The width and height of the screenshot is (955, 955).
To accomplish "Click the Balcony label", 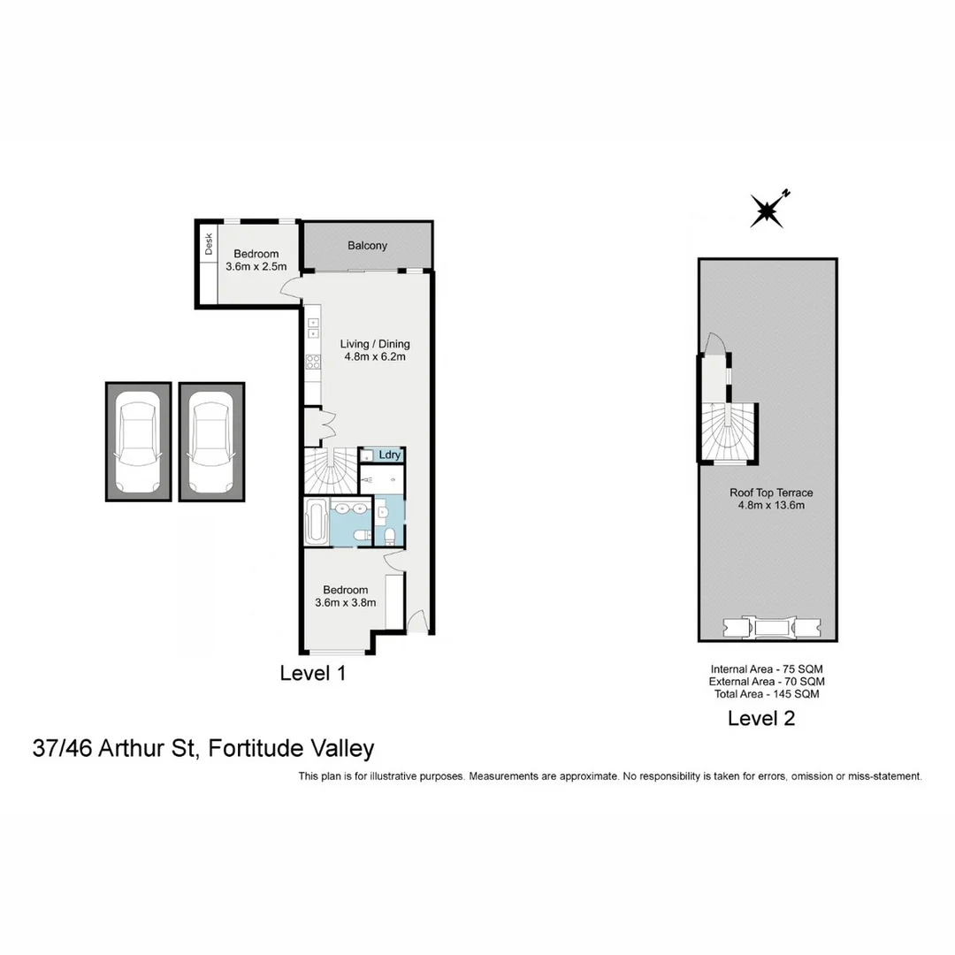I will (x=367, y=246).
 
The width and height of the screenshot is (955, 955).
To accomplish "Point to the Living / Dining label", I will (x=376, y=344).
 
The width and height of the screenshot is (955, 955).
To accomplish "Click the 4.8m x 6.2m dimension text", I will (x=376, y=357).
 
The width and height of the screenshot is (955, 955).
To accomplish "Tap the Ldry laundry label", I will (x=390, y=455).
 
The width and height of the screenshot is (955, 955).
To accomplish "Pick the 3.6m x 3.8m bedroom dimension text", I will (x=345, y=603).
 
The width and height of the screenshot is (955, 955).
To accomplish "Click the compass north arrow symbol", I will (x=768, y=210).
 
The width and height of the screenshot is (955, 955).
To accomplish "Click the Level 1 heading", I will (x=312, y=673).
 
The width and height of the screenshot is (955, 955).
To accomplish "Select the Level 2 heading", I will (x=761, y=718).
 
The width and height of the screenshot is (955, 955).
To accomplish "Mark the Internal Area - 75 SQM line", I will (x=767, y=669).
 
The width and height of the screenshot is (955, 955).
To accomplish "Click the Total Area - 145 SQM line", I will (x=767, y=694).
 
